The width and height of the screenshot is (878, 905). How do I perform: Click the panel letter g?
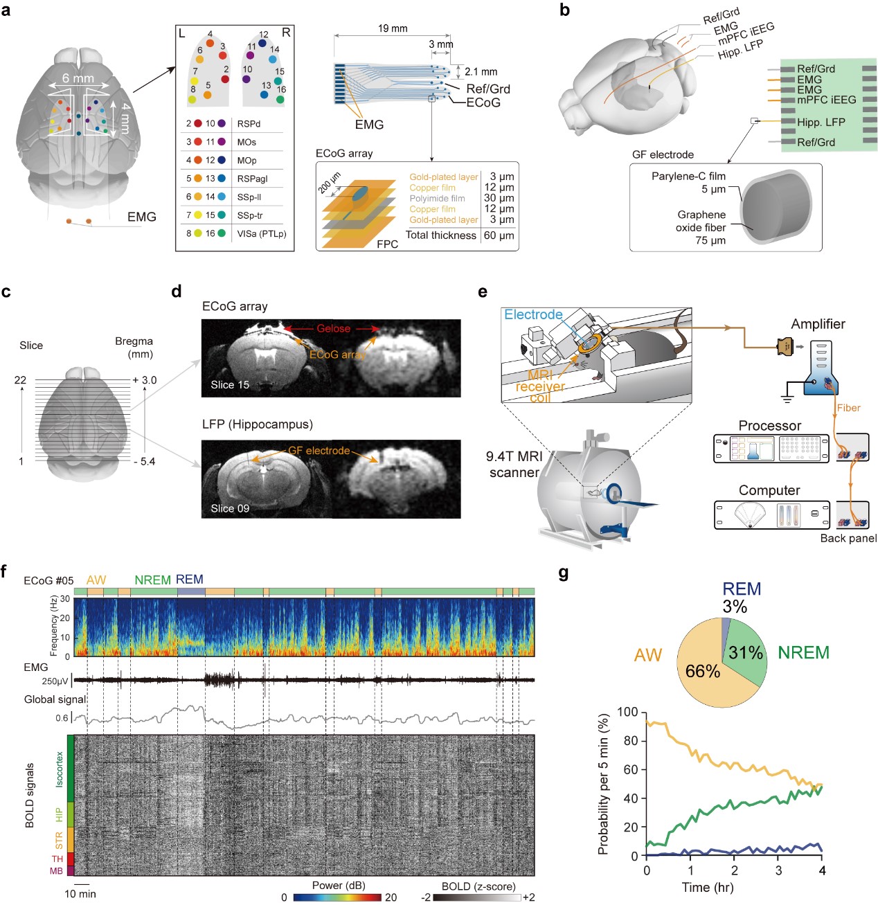(564, 573)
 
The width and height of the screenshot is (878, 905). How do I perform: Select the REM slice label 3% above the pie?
(735, 607)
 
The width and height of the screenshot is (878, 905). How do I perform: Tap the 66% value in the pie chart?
(702, 671)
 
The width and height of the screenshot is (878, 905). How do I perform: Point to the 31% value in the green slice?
(745, 652)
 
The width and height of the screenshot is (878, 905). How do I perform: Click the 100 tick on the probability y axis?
(627, 713)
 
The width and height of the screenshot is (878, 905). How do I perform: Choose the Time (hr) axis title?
(707, 887)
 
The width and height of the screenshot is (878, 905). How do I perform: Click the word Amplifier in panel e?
(818, 324)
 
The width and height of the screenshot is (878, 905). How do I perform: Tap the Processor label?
(769, 425)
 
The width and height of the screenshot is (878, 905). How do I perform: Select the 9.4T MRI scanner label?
(514, 464)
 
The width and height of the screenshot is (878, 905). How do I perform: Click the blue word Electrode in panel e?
(533, 314)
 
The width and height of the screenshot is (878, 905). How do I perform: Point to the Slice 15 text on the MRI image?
(230, 385)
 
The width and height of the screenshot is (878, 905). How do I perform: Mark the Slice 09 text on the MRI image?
(230, 508)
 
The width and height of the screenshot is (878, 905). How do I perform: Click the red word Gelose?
(333, 328)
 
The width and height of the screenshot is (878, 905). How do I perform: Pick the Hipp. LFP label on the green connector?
(821, 122)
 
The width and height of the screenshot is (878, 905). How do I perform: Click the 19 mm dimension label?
(393, 28)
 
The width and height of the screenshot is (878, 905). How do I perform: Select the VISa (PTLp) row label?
(261, 233)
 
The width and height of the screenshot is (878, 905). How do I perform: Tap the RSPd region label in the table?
(249, 123)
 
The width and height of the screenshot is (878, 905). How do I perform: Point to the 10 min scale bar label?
(80, 894)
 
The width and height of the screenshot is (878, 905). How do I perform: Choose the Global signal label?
(55, 699)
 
